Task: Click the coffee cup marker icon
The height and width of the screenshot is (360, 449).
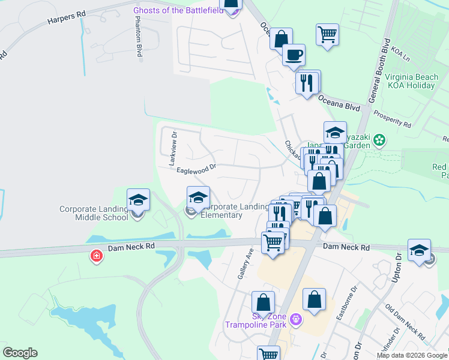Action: (x=294, y=55)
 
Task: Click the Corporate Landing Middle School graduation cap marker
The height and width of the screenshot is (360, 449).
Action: (x=138, y=200)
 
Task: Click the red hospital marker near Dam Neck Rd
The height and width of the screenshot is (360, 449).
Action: (x=95, y=257)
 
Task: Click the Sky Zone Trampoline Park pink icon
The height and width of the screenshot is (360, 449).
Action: (x=295, y=320)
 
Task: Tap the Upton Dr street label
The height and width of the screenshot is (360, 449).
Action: (x=398, y=265)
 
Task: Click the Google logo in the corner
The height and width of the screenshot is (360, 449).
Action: (x=20, y=353)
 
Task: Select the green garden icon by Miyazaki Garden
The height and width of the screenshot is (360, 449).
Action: (x=379, y=140)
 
